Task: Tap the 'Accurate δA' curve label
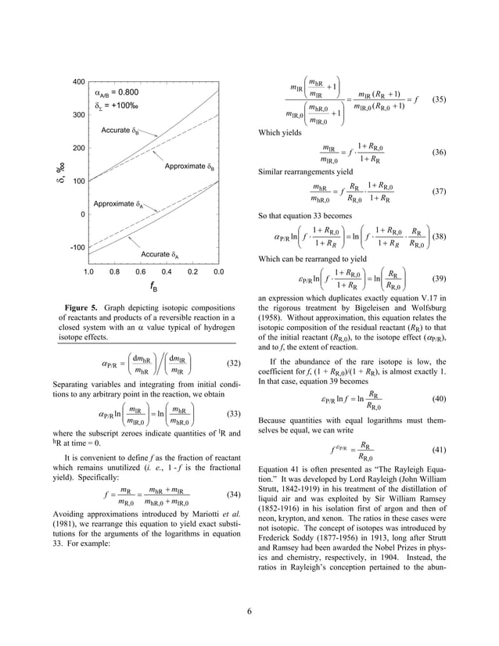(x=160, y=254)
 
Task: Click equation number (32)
(x=231, y=364)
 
